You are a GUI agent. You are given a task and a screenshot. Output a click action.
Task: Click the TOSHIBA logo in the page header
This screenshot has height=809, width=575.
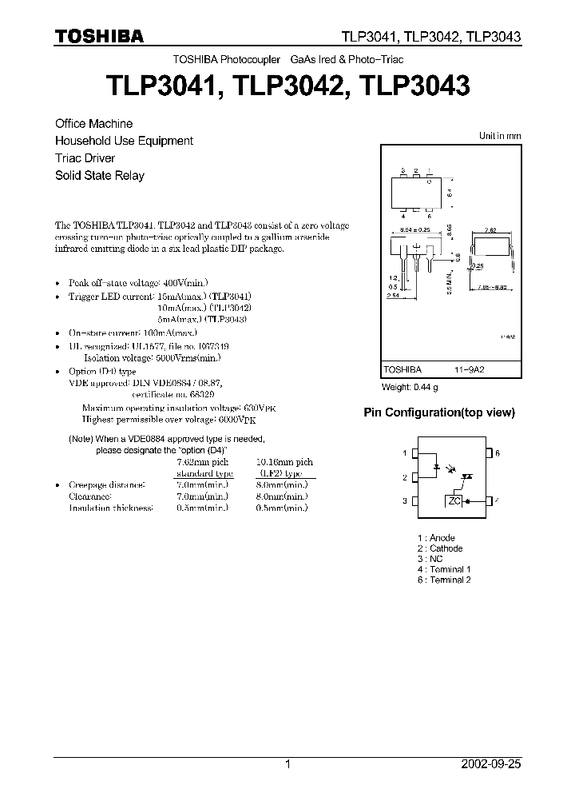click(x=99, y=36)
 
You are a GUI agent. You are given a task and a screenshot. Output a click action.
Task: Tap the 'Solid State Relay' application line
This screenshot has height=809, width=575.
click(x=99, y=176)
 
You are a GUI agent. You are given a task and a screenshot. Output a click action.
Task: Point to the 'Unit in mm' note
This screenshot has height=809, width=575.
click(x=499, y=137)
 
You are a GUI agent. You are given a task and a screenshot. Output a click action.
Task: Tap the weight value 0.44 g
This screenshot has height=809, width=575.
click(x=422, y=388)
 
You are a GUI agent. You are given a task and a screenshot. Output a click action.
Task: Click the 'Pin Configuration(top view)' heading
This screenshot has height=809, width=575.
click(x=439, y=413)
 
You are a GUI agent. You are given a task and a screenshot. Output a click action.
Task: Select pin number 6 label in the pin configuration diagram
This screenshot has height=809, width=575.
click(x=497, y=453)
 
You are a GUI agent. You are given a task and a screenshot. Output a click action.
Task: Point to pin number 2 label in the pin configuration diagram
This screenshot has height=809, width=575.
click(x=405, y=478)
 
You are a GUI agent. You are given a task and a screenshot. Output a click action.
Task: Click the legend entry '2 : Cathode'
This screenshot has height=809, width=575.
click(x=439, y=548)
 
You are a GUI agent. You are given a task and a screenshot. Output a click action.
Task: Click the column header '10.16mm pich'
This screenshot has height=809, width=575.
click(x=284, y=462)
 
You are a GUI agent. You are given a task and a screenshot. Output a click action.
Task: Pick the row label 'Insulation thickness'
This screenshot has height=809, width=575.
click(x=110, y=508)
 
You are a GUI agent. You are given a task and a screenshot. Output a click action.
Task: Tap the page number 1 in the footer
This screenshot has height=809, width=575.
click(x=287, y=764)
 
